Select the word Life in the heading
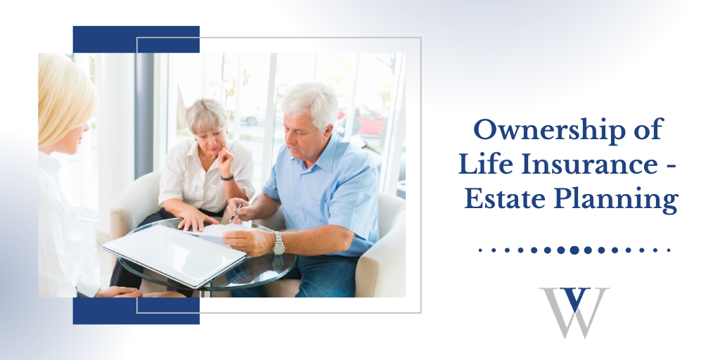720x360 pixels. coord(482,165)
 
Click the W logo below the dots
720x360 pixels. coord(574,313)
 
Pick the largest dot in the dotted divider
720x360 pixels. coord(574,250)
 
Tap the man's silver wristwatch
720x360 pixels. coord(278,243)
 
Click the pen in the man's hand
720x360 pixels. coord(236,212)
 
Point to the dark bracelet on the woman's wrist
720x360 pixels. coord(227,178)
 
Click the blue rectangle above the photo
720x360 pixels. coord(136,39)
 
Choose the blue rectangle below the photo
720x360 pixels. coord(136,311)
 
